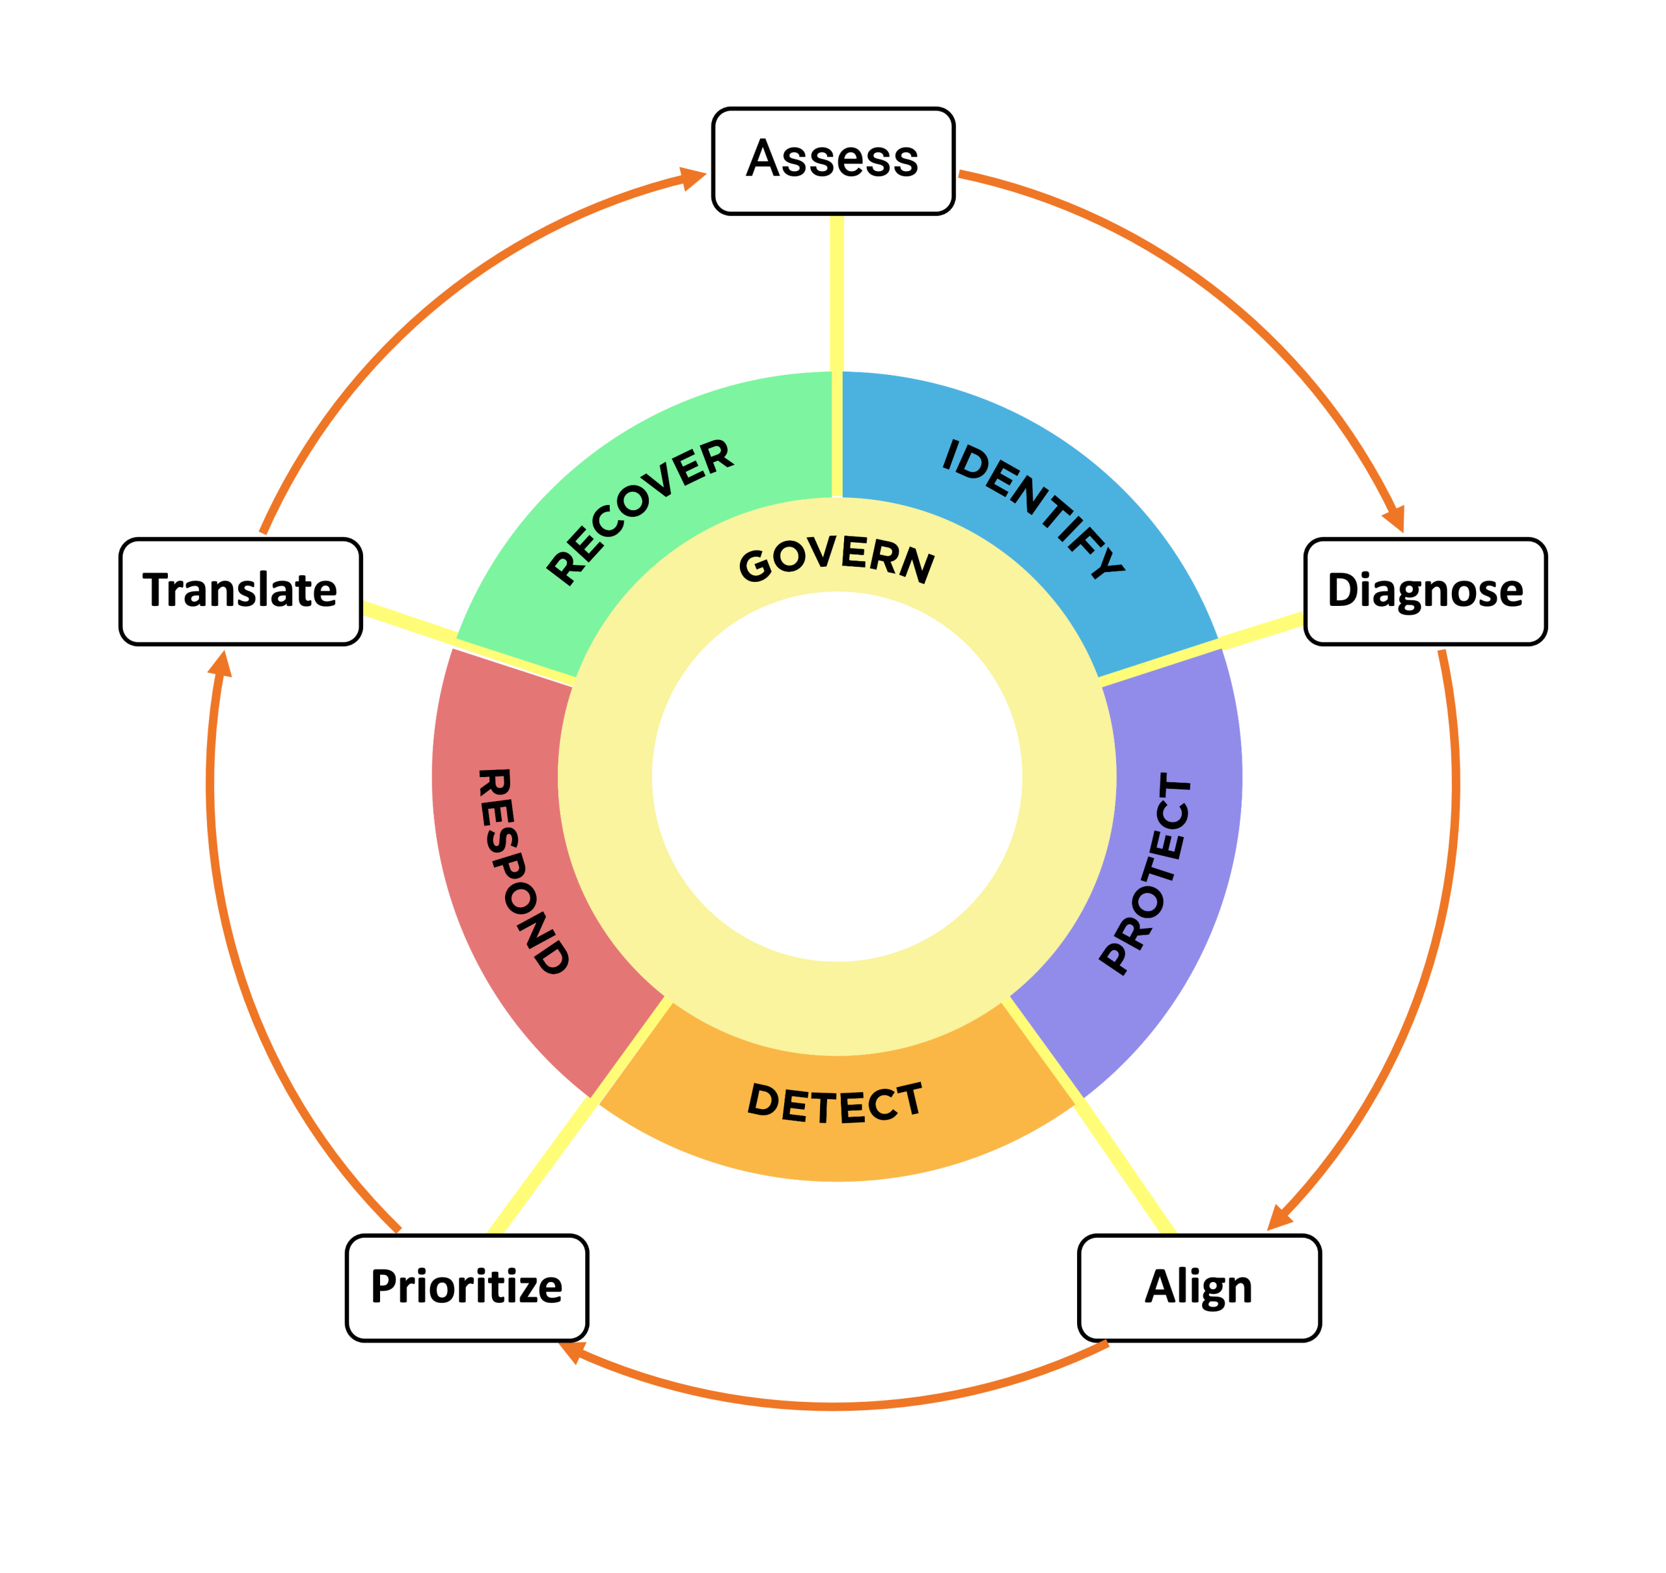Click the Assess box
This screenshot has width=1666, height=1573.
[832, 160]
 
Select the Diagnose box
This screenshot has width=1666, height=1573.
[1425, 591]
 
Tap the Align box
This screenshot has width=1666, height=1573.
[1198, 1287]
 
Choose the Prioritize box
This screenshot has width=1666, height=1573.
[466, 1287]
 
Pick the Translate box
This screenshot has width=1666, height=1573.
[241, 591]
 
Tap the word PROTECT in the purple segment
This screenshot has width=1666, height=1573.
[1146, 873]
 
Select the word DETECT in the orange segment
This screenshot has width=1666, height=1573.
[835, 1104]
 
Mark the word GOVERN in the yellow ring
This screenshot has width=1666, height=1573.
[836, 559]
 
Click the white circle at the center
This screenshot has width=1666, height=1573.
[837, 776]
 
